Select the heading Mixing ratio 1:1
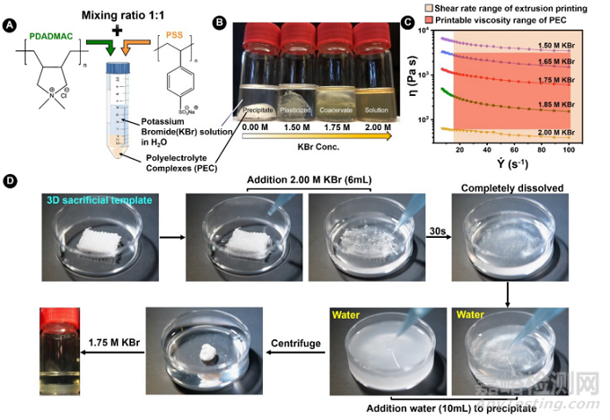[127, 14]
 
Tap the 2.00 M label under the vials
[374, 127]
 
